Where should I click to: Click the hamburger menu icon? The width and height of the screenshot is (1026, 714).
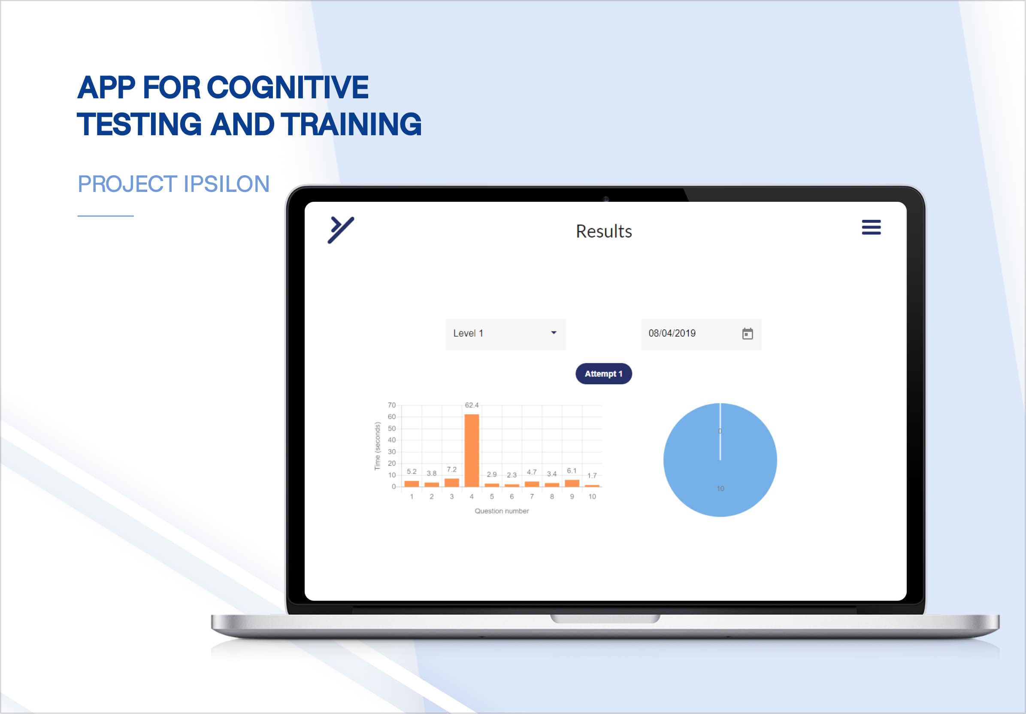click(871, 227)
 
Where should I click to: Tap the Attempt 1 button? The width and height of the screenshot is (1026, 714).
click(603, 374)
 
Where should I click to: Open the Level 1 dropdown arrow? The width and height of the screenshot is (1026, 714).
click(554, 333)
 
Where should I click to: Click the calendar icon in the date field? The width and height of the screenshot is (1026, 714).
click(747, 334)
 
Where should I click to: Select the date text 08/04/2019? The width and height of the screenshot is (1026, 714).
click(672, 333)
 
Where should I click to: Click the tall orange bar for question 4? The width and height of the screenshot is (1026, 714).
click(472, 450)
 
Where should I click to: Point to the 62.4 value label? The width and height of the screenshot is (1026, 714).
click(472, 405)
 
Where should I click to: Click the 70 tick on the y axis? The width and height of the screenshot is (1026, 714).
click(391, 405)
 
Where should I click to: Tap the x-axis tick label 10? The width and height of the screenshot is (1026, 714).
click(592, 497)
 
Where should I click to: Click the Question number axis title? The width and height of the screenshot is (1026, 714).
click(501, 511)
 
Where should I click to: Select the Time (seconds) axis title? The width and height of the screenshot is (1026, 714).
click(377, 446)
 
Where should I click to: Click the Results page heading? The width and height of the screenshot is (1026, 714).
click(604, 231)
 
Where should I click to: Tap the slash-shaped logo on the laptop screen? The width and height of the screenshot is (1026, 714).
click(341, 230)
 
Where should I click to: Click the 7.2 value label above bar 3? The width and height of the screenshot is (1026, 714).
click(452, 469)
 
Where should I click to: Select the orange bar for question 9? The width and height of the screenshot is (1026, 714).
click(572, 483)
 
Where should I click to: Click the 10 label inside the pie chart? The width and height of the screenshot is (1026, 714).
click(720, 489)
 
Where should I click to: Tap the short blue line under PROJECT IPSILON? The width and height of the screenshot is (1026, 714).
click(106, 216)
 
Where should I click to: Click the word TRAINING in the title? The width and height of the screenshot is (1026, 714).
click(351, 124)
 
